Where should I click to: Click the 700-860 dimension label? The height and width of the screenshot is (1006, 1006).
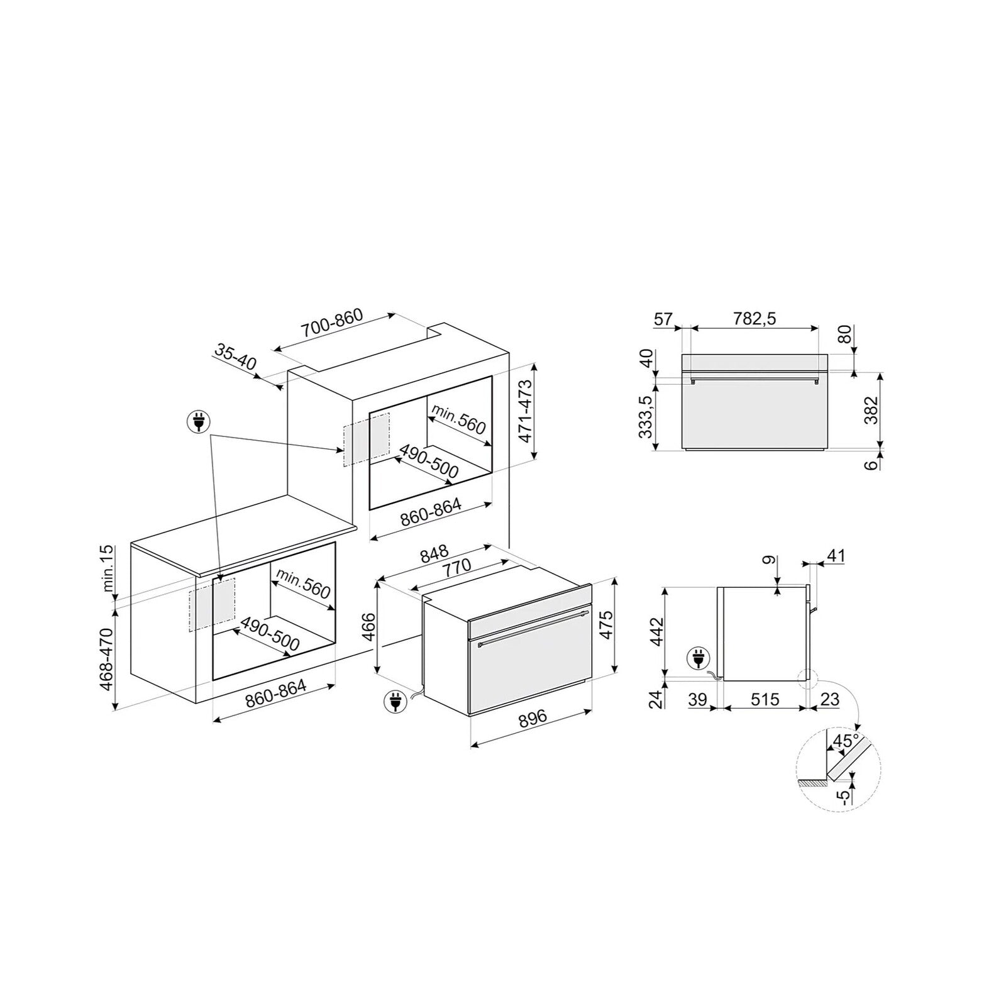point(332,324)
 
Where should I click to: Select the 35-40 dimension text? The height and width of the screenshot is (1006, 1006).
point(236,357)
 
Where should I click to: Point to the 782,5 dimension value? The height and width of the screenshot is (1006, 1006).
point(754,319)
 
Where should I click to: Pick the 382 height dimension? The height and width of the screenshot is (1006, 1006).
point(871,411)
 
